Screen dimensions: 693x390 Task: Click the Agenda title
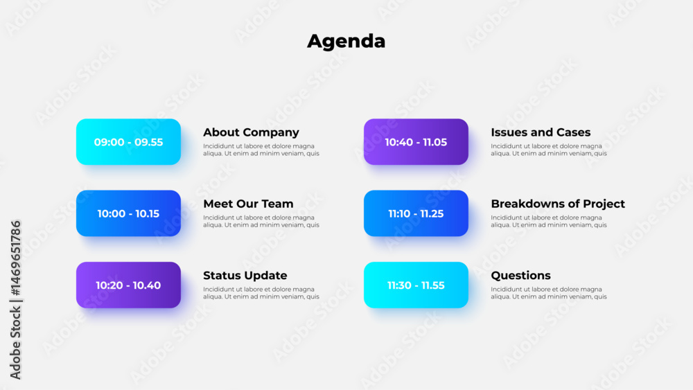[346, 42]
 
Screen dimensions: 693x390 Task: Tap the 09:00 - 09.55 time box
[129, 142]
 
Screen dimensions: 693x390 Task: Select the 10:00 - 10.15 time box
[129, 213]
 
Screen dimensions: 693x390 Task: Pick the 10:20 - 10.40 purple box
[129, 285]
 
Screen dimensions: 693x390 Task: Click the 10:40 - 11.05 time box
[416, 142]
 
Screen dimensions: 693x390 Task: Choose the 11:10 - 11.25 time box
[416, 213]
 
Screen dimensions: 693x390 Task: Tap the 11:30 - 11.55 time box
[416, 285]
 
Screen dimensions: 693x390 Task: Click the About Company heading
[251, 132]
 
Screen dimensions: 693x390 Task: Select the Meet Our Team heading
[248, 204]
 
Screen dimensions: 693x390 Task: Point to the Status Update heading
[245, 276]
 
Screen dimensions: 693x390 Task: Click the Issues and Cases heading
[541, 132]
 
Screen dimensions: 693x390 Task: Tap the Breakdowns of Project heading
[558, 204]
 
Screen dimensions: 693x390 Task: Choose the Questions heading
[520, 276]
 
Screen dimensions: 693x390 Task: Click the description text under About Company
[261, 150]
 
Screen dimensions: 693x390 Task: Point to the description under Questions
[549, 293]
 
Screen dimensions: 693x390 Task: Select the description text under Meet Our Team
[261, 221]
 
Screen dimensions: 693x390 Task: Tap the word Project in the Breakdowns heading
[604, 204]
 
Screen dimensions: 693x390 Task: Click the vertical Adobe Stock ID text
[15, 300]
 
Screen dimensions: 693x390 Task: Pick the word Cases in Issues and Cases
[574, 132]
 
